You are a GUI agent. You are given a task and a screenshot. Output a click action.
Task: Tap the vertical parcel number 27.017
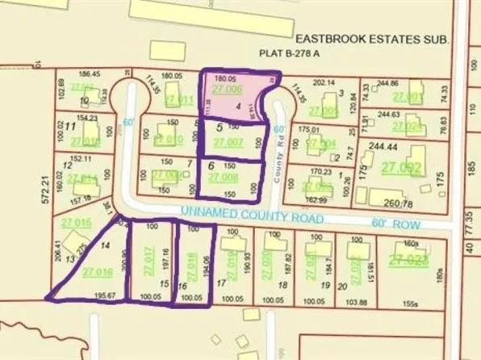pos(147,260)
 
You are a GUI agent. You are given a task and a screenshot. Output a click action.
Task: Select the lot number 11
pos(70,127)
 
